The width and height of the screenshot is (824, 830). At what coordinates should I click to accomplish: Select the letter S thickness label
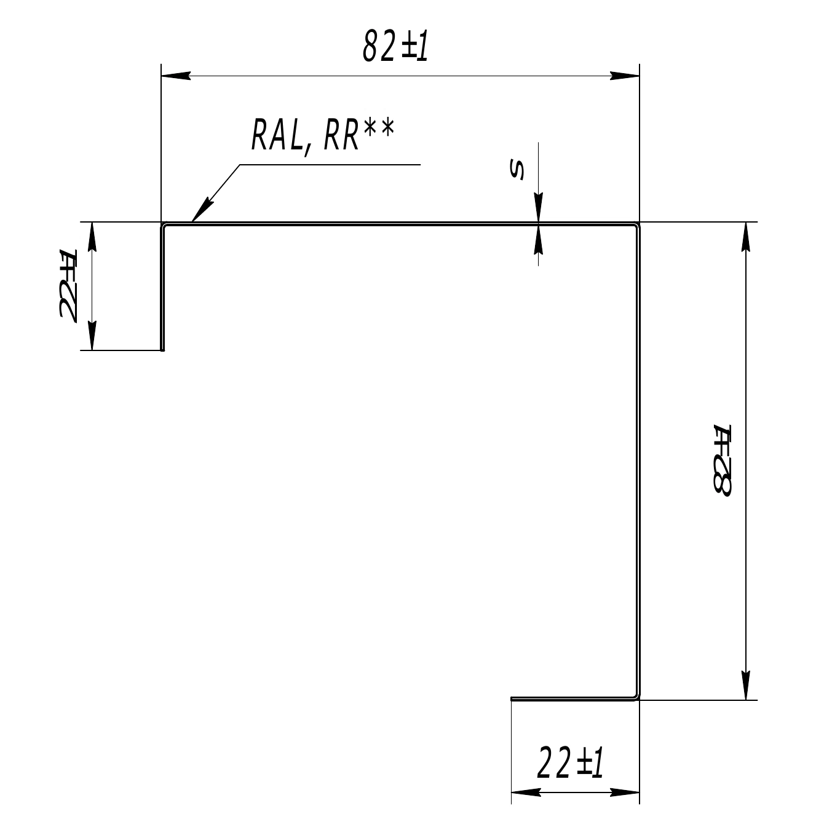tap(517, 169)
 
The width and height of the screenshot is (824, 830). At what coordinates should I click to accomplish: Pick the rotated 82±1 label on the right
tap(722, 461)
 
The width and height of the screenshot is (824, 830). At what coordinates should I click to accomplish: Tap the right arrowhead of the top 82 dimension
tap(625, 76)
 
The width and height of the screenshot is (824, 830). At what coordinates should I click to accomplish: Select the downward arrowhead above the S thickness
tap(538, 207)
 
